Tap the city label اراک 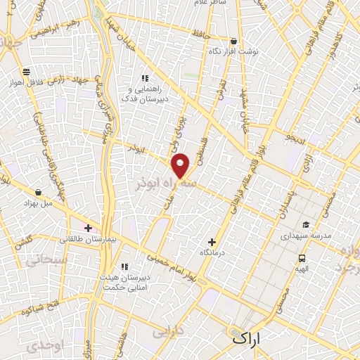(x=245, y=337)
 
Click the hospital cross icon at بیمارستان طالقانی (x=88, y=227)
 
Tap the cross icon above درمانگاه (x=212, y=241)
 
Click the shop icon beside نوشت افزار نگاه (x=233, y=41)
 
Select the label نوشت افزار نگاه (x=231, y=52)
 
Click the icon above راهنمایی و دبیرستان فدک (x=145, y=78)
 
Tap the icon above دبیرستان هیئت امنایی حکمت (x=124, y=266)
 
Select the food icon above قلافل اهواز (x=26, y=71)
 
